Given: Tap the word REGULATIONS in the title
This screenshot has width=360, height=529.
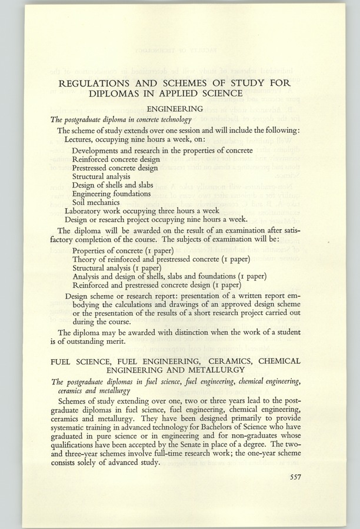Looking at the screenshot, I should [108, 82].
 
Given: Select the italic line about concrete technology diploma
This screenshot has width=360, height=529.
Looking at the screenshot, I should [124, 119].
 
